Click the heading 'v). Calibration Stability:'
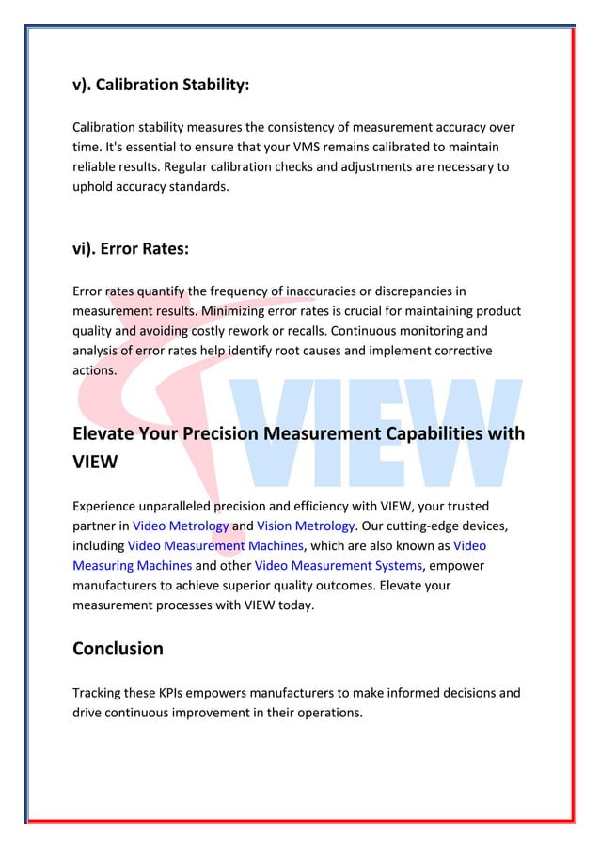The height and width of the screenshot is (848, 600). [x=161, y=85]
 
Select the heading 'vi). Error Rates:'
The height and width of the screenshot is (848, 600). [x=131, y=248]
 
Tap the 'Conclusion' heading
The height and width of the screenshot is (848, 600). [x=118, y=648]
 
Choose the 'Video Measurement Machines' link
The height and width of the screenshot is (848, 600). [x=215, y=545]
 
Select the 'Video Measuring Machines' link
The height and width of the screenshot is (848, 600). [x=133, y=565]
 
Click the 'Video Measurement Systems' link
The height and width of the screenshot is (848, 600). [x=338, y=565]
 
